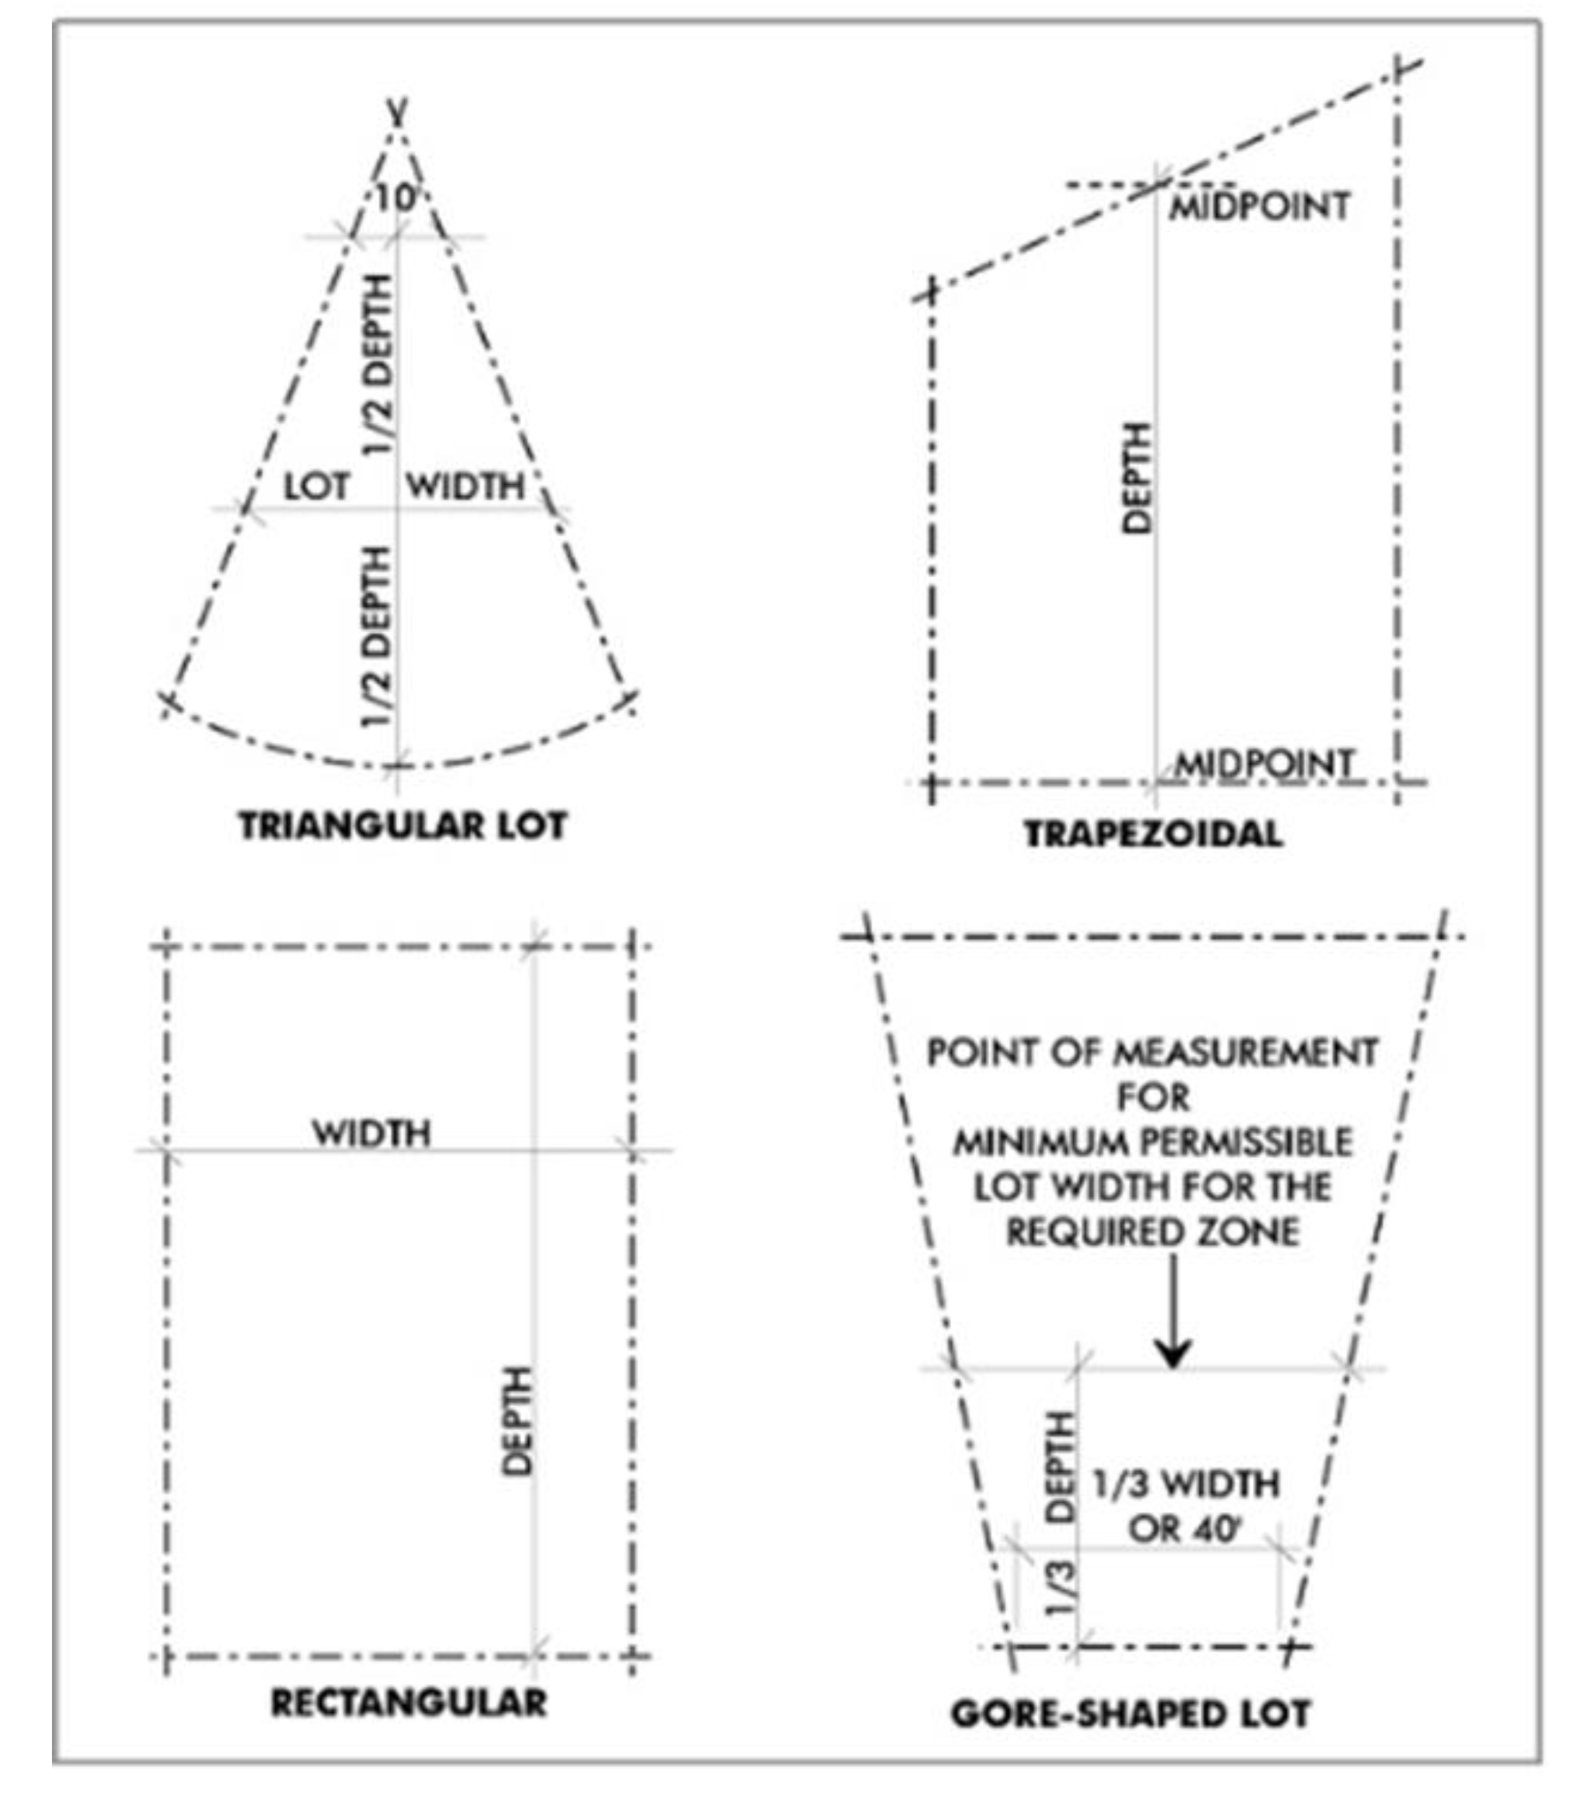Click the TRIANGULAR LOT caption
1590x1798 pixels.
coord(402,825)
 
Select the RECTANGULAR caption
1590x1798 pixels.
coord(409,1702)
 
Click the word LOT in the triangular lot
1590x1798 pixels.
coord(316,486)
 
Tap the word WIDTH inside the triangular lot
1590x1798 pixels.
coord(466,486)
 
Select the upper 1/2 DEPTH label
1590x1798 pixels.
coord(377,364)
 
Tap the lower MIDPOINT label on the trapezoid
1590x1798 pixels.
coord(1264,763)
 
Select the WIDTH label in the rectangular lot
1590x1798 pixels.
coord(372,1133)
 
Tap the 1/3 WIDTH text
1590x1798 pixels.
coord(1186,1485)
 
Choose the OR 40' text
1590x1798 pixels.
coord(1184,1530)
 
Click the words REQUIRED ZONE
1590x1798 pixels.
coord(1153,1232)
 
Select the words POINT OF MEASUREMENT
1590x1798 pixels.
coord(1153,1053)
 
